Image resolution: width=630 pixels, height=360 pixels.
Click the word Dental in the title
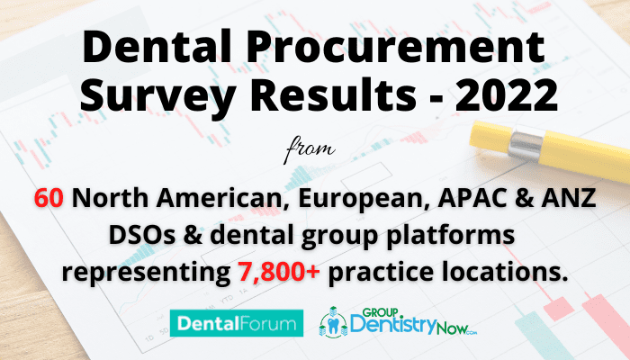pos(157,46)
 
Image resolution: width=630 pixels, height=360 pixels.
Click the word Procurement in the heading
pos(395,46)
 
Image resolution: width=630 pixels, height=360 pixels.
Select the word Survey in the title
pos(157,94)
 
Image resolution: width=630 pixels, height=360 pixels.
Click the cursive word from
pos(310,149)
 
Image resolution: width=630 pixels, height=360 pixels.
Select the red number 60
pos(49,198)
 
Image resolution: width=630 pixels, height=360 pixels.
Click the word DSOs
pos(142,235)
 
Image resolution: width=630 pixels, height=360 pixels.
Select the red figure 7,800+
pos(279,272)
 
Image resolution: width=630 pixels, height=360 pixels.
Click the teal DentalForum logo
pos(237,323)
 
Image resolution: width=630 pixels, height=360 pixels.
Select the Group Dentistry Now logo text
pos(413,322)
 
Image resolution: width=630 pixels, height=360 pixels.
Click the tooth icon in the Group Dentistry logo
pos(333,326)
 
